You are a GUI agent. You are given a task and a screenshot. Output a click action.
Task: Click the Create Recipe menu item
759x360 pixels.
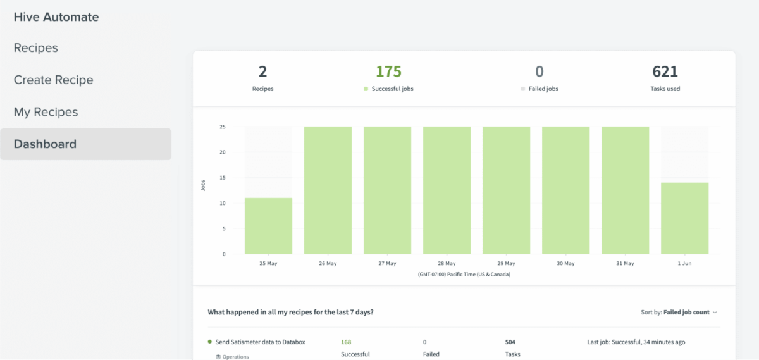[53, 80]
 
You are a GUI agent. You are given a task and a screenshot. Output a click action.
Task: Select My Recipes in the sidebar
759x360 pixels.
[46, 112]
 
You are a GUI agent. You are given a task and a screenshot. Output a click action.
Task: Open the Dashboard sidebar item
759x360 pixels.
[45, 144]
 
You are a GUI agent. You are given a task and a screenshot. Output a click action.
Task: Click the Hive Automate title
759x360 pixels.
[56, 17]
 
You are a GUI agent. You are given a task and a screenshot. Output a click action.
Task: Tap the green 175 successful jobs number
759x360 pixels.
[388, 71]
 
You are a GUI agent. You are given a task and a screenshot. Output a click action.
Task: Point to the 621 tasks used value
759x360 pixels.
[665, 71]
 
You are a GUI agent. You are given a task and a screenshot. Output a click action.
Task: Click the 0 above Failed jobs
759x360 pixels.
[539, 71]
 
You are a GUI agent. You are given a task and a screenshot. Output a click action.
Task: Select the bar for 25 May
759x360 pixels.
[268, 226]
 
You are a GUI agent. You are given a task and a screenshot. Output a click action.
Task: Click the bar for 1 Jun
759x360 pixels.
[684, 218]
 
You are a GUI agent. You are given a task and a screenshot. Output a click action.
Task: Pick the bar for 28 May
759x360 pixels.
[447, 190]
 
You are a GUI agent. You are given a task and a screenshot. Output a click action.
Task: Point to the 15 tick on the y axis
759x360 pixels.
[222, 178]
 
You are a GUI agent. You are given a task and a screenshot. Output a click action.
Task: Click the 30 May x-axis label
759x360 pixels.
[565, 264]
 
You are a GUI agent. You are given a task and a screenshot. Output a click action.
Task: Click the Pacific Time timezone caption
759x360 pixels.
[464, 275]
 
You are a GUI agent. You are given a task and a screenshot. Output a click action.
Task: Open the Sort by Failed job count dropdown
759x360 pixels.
[679, 312]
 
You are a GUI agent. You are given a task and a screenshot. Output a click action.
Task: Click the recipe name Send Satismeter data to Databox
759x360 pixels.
[260, 342]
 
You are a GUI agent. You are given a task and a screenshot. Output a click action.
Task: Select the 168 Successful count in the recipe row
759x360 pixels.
[346, 342]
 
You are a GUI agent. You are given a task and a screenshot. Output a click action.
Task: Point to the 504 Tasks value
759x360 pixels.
[510, 342]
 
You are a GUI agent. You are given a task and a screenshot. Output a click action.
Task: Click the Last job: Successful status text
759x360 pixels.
[636, 342]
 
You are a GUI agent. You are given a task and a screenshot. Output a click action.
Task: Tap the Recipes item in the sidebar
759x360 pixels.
[35, 48]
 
